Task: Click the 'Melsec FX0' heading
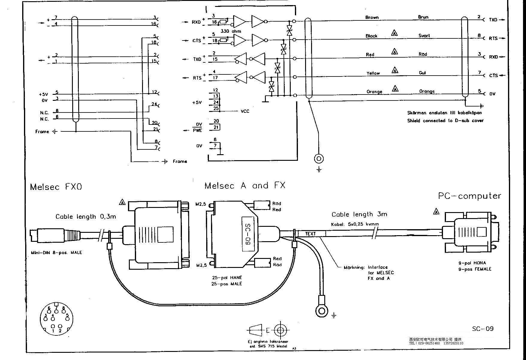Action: coord(56,187)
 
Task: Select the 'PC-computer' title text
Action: coord(469,196)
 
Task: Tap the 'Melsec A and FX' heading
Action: coord(245,186)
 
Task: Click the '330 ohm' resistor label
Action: coord(230,31)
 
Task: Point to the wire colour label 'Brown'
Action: coord(372,17)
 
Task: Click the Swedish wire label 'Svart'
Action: coord(424,36)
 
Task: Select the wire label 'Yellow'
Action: coord(373,73)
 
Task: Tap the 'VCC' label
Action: coord(245,111)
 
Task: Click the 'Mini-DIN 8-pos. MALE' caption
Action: coord(56,253)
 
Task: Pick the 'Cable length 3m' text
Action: coord(359,214)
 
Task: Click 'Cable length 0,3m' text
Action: coord(86,217)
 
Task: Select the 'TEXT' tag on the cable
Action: coord(311,234)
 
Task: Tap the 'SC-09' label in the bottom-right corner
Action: coord(483,328)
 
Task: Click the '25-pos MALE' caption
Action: coord(227,284)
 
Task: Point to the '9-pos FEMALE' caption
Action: coord(475,269)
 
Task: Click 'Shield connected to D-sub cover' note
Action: coord(445,121)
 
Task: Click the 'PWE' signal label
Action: coord(198,130)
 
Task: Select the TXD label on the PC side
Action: coord(493,20)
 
